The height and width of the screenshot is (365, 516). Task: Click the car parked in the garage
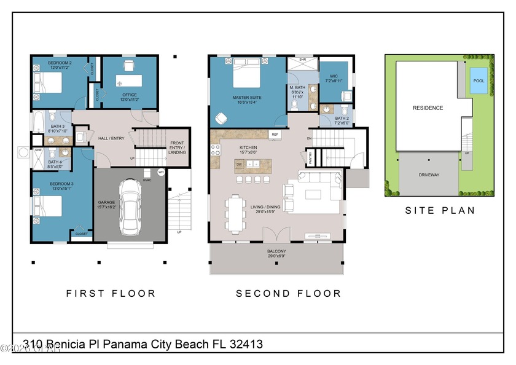click(130, 206)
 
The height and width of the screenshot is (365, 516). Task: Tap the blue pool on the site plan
click(477, 80)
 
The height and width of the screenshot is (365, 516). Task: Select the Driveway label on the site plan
click(428, 175)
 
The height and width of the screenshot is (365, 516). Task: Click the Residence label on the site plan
click(428, 108)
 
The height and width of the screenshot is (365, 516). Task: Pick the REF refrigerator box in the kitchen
click(275, 133)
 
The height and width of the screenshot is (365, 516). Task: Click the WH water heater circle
click(161, 173)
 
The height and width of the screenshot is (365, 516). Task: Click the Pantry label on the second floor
click(310, 159)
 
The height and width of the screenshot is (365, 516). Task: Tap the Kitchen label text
click(248, 148)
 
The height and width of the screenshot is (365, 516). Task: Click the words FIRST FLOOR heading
click(111, 294)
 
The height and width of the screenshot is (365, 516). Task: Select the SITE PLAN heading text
click(439, 210)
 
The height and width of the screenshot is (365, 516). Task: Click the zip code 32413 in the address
click(245, 344)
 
